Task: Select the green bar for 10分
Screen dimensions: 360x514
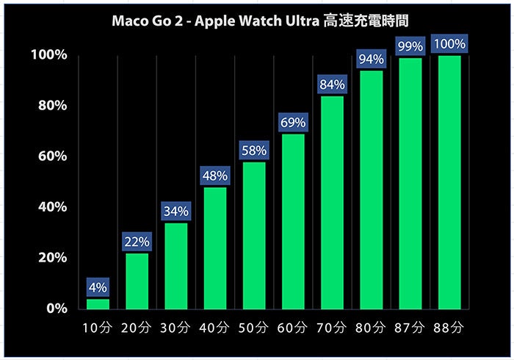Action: (x=98, y=303)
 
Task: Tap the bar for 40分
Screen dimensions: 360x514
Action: (x=215, y=248)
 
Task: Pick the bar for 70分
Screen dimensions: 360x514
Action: (x=332, y=202)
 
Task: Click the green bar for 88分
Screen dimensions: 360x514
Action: (x=449, y=181)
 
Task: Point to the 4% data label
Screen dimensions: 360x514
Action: (x=98, y=287)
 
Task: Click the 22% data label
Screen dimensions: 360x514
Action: (x=137, y=242)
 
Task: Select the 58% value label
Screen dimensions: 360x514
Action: (x=254, y=151)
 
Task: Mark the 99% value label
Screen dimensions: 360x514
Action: (x=410, y=47)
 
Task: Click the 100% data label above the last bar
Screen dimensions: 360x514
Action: (x=449, y=44)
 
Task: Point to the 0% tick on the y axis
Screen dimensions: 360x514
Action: (x=57, y=309)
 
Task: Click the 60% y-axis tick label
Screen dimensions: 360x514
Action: (x=52, y=156)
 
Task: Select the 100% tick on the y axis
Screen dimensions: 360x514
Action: (x=49, y=55)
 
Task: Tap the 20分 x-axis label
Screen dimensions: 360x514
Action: (x=137, y=326)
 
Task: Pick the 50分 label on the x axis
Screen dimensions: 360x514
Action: (x=254, y=326)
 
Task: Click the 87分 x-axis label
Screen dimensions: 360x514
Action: (x=410, y=326)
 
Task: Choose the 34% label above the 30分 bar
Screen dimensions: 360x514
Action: (x=176, y=212)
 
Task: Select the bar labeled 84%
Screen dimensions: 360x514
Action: (x=332, y=202)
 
